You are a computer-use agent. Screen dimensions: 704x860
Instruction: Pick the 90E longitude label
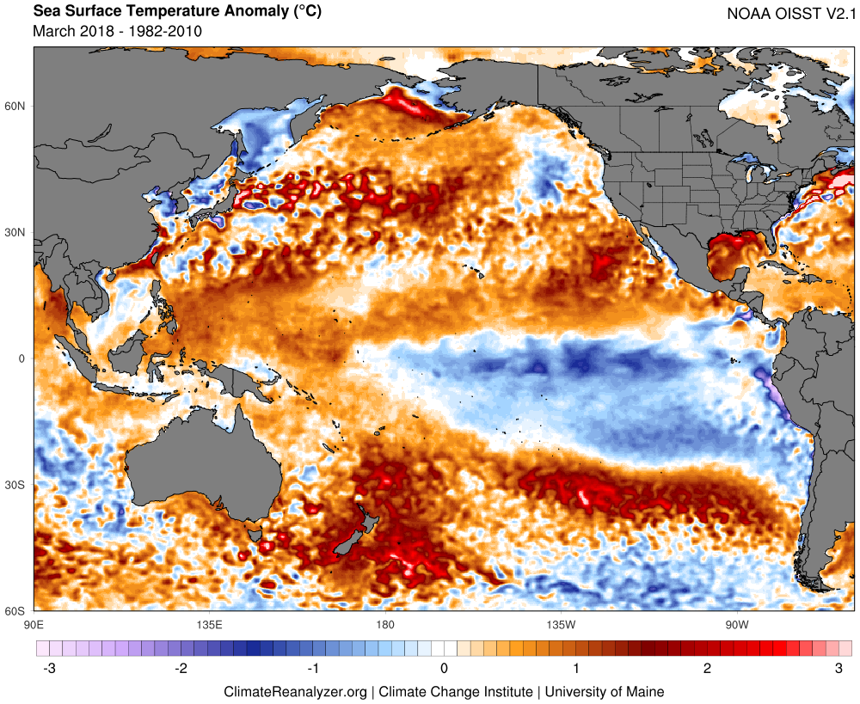point(34,623)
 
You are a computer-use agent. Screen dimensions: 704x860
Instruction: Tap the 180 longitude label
point(384,623)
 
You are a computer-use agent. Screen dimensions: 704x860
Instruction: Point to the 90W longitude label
point(734,623)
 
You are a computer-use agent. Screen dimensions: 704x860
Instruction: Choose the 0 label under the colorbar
point(444,668)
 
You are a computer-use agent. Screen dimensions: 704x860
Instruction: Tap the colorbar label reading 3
point(838,668)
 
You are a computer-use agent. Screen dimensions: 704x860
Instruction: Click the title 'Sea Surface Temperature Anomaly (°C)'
point(160,13)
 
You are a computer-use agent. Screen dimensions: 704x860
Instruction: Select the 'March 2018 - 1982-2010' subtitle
point(117,32)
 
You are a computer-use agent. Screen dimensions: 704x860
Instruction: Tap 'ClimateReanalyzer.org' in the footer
point(295,691)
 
